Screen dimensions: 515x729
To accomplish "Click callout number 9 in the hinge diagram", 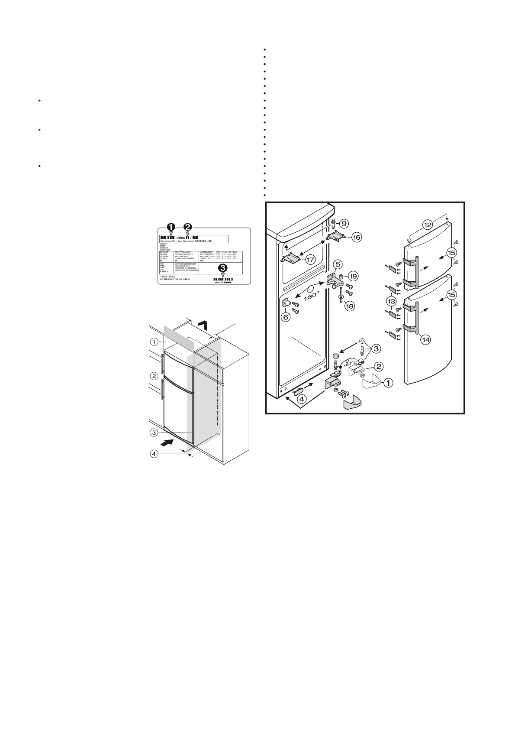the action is click(344, 224).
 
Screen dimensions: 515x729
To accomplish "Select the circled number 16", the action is click(356, 237).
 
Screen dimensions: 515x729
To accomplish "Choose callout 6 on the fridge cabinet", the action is click(286, 317).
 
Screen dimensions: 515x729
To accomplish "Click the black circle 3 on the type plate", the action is click(223, 267).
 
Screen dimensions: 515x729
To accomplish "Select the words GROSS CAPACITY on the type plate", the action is click(186, 254).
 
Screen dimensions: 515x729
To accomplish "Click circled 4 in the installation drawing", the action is click(154, 454).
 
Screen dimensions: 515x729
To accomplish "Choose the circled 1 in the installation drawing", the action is click(154, 342).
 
